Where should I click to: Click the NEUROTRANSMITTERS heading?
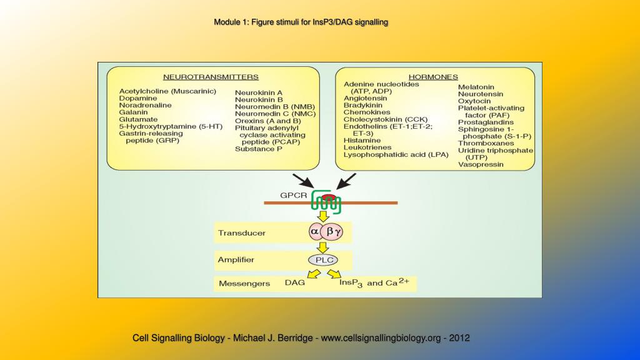211,77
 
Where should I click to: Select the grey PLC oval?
323,259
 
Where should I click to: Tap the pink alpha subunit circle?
314,232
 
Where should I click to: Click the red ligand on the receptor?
328,197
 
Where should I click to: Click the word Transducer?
241,233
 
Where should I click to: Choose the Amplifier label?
237,259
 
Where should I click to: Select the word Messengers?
244,284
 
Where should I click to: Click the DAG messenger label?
295,283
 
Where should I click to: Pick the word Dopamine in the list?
137,99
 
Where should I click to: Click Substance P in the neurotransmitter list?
259,149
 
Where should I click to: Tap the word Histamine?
362,141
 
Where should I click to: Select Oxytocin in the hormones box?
474,101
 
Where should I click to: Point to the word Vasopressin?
481,164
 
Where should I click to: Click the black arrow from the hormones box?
345,181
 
